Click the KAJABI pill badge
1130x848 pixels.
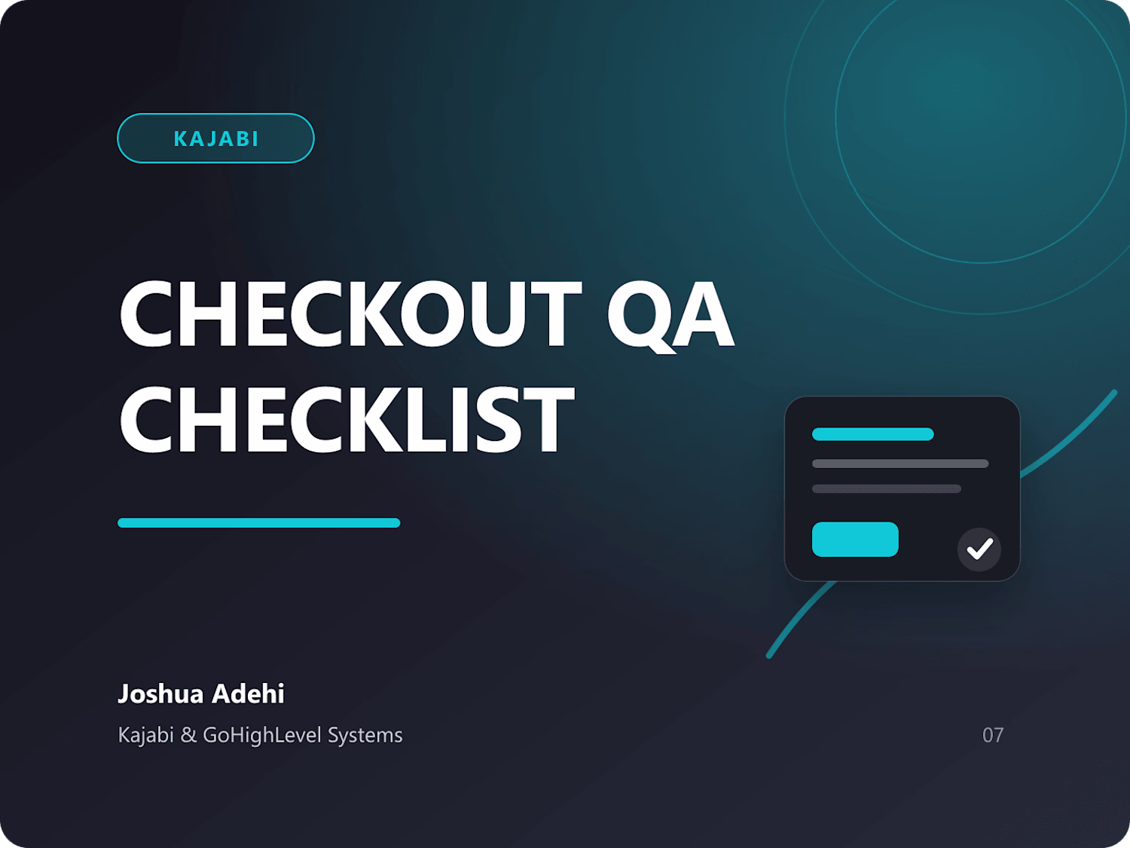(215, 138)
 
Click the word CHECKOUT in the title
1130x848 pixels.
(350, 314)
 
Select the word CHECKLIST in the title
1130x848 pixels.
(347, 419)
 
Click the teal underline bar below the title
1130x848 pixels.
(259, 522)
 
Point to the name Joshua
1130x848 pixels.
(161, 693)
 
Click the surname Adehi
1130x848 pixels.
(248, 693)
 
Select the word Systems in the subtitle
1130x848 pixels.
(365, 735)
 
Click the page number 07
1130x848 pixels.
(993, 735)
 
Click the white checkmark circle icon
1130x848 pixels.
(979, 550)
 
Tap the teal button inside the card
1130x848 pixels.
(855, 539)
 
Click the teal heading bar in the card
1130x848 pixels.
(872, 434)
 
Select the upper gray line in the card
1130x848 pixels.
(900, 464)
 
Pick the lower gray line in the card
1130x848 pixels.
(887, 488)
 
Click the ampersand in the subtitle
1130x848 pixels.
(188, 735)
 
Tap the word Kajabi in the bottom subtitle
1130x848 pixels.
(145, 735)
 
